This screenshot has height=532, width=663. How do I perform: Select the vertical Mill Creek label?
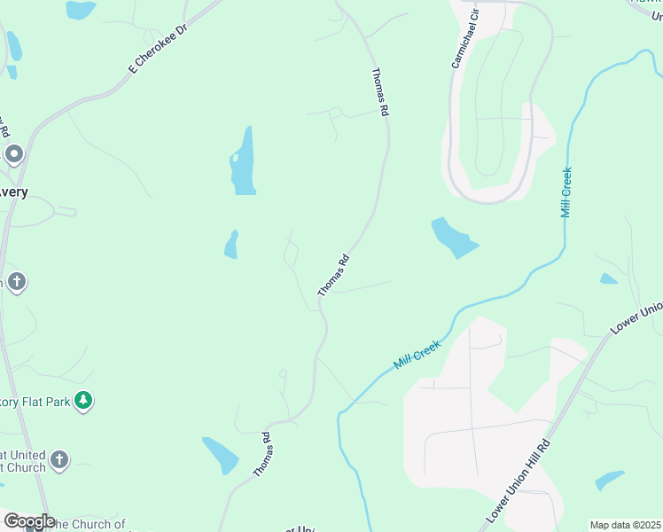pyautogui.click(x=566, y=192)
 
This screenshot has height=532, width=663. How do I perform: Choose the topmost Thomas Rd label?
pyautogui.click(x=380, y=94)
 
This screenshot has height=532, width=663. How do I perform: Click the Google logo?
pyautogui.click(x=28, y=521)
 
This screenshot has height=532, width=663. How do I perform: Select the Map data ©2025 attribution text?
pyautogui.click(x=625, y=525)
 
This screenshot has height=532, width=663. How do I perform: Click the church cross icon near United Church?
pyautogui.click(x=59, y=460)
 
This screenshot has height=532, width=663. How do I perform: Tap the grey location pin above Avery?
pyautogui.click(x=14, y=155)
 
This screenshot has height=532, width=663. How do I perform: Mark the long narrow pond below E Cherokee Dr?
pyautogui.click(x=243, y=161)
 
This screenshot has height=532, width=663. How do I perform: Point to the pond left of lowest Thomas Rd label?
pyautogui.click(x=221, y=455)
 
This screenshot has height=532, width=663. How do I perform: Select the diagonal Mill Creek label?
pyautogui.click(x=417, y=353)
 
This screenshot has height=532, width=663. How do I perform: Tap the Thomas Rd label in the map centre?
pyautogui.click(x=334, y=275)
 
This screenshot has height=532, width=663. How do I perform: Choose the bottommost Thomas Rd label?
pyautogui.click(x=262, y=455)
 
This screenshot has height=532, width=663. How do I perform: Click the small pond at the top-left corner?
pyautogui.click(x=81, y=10)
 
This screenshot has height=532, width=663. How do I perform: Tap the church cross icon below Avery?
pyautogui.click(x=16, y=283)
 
